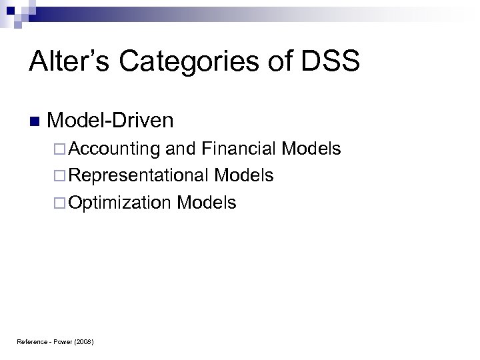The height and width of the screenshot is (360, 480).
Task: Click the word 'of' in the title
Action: (268, 62)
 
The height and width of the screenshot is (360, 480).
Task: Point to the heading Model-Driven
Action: (111, 121)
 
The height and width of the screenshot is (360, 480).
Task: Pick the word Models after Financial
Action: (311, 148)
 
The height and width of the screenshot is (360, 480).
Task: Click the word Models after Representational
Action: (244, 175)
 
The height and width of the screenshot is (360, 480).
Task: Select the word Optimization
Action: (119, 203)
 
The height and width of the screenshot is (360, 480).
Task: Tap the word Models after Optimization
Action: (207, 203)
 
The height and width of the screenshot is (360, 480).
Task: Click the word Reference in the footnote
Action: (31, 342)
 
